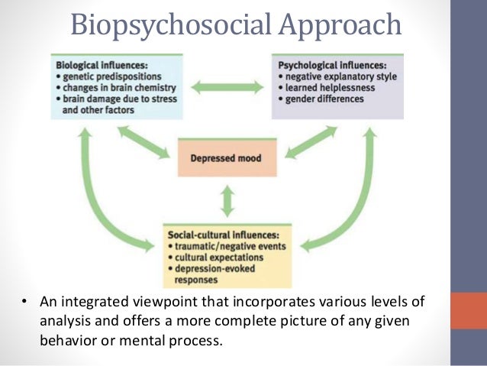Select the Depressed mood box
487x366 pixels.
click(227, 159)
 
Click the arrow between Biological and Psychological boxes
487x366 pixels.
click(227, 86)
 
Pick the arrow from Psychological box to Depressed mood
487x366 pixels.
click(310, 143)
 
